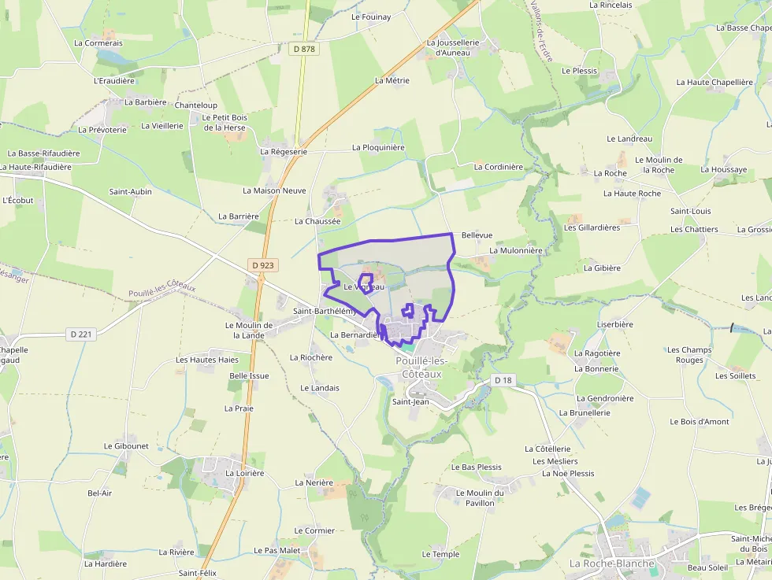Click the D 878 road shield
point(303,49)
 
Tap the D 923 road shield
point(264,265)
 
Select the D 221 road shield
point(81,334)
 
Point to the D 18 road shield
point(503,380)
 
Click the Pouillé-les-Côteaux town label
point(421,368)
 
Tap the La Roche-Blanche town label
point(612,563)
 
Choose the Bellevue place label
point(477,235)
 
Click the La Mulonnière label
point(516,250)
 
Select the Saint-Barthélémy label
point(325,311)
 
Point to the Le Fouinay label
point(371,17)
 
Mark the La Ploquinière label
point(378,147)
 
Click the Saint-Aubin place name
point(130,191)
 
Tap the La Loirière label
point(244,473)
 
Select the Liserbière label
point(615,324)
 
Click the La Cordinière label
point(498,167)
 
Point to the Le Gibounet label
point(126,445)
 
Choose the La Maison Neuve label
point(274,190)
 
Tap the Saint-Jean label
point(410,401)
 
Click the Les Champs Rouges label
point(689,355)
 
